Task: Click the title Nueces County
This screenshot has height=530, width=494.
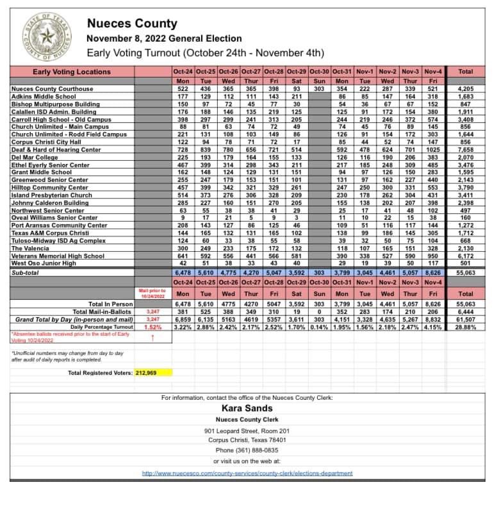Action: pyautogui.click(x=132, y=24)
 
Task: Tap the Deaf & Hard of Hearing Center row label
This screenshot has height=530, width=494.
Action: pyautogui.click(x=56, y=150)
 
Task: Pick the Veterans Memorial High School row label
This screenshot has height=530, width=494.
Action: pyautogui.click(x=57, y=256)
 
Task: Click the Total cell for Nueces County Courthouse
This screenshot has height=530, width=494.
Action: pyautogui.click(x=466, y=89)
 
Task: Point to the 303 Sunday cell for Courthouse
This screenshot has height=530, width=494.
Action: pyautogui.click(x=319, y=89)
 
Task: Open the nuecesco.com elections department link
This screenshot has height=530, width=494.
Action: pyautogui.click(x=247, y=473)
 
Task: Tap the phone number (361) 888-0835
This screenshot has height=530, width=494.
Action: pyautogui.click(x=247, y=451)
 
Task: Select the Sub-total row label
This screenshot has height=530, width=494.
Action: pyautogui.click(x=26, y=272)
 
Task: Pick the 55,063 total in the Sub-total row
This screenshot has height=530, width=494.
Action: pyautogui.click(x=466, y=272)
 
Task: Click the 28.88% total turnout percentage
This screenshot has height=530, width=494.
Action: pyautogui.click(x=466, y=327)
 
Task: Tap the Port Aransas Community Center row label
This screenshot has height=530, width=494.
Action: pyautogui.click(x=59, y=226)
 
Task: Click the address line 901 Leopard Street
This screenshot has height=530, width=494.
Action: pyautogui.click(x=247, y=431)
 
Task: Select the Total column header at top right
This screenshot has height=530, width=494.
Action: pyautogui.click(x=466, y=72)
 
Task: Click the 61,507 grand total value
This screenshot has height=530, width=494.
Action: pyautogui.click(x=466, y=319)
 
